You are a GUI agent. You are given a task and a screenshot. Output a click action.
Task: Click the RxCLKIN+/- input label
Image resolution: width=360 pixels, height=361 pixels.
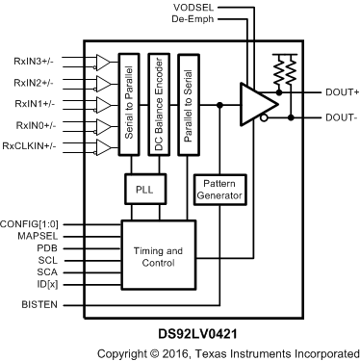(30, 146)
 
